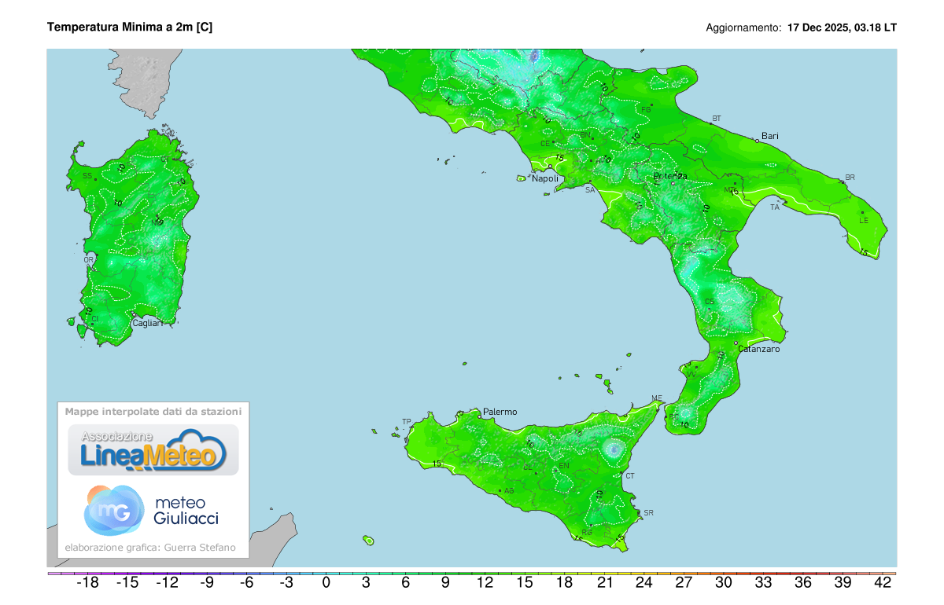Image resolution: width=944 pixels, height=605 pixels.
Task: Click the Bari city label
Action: point(769,136)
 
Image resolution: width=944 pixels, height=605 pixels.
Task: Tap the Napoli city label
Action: point(545,179)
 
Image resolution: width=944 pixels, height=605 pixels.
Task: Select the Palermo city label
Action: point(500,412)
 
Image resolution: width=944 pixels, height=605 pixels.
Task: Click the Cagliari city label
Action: point(147,323)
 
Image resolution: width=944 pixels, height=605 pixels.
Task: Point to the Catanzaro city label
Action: point(758,349)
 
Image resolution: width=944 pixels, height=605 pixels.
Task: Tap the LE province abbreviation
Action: point(864,221)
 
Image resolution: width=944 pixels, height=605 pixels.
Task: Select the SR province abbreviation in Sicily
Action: point(648,513)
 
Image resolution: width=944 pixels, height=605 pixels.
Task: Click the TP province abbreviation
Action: point(407,422)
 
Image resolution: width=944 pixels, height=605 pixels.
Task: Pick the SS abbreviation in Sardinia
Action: point(87,176)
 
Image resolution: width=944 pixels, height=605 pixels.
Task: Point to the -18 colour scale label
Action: point(87,583)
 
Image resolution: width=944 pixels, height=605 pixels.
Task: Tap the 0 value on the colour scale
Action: point(326,583)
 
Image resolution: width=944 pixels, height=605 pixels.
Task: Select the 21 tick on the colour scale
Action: point(604,583)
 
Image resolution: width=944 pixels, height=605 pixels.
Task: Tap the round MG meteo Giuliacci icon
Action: point(113,509)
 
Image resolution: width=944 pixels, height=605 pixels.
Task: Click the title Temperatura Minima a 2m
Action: point(130,27)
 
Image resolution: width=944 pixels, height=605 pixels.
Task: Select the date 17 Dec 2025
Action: point(818,27)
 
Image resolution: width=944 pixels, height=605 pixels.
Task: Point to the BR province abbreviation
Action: point(850,178)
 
